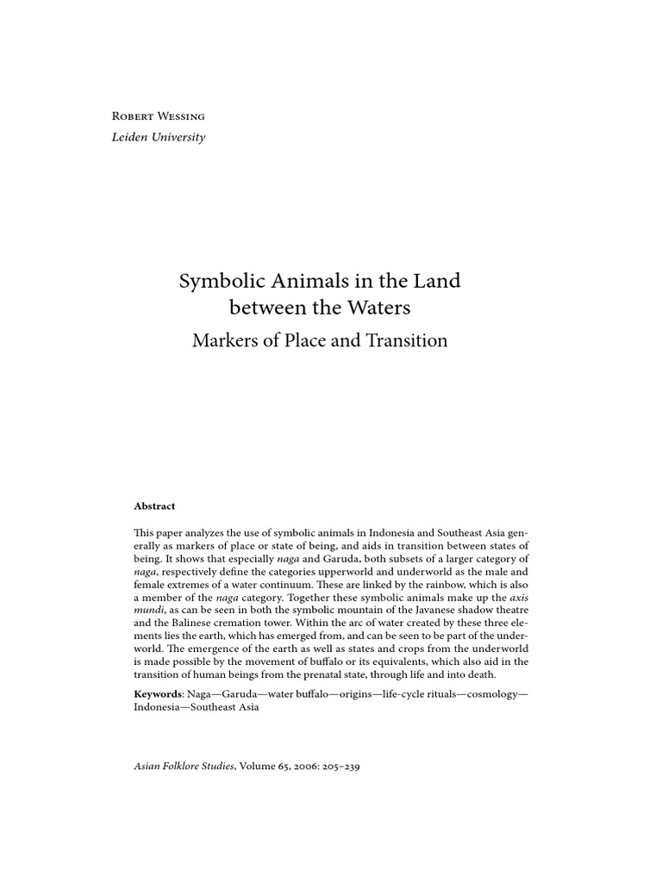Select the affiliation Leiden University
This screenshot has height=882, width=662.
click(x=159, y=137)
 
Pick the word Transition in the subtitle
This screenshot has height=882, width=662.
click(x=405, y=340)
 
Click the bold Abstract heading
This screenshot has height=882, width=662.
click(x=154, y=506)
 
